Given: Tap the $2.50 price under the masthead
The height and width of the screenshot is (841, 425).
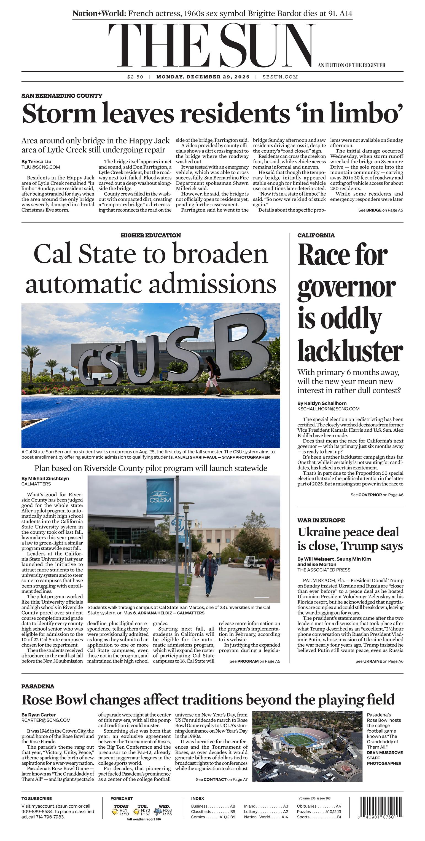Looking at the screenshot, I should tap(135, 77).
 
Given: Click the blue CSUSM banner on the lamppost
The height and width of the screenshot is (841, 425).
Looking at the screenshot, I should tap(160, 496).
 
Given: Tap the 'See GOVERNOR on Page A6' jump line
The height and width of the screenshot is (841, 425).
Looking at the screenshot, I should tap(377, 495).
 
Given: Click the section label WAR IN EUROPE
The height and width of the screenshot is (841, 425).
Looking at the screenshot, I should tap(321, 520).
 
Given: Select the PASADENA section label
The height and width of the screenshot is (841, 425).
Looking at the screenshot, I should tap(38, 686).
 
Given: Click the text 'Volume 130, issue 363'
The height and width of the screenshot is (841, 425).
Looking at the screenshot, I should tap(314, 798).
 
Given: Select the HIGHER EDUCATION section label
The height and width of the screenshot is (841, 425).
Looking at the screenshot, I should tap(150, 235).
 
